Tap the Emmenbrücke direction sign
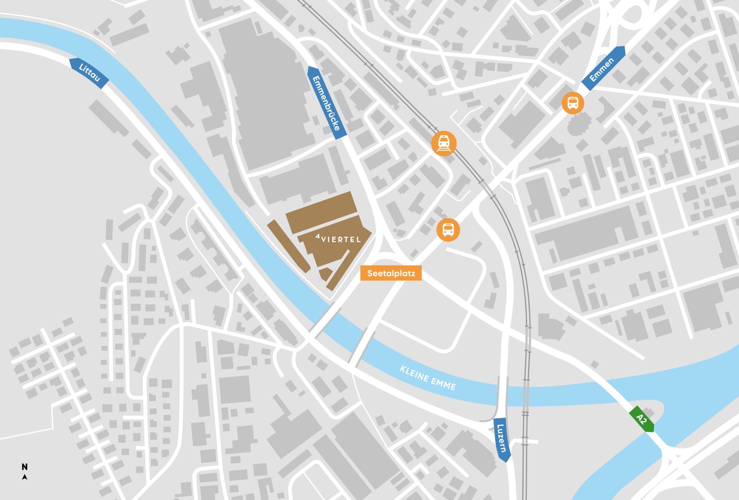pyautogui.click(x=327, y=102)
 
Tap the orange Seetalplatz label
pyautogui.click(x=391, y=273)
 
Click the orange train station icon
pyautogui.click(x=444, y=143)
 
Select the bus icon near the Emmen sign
pyautogui.click(x=573, y=103)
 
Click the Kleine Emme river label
pyautogui.click(x=428, y=378)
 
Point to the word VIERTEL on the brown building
pyautogui.click(x=341, y=239)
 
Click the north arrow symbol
pyautogui.click(x=25, y=477)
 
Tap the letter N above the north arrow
pyautogui.click(x=25, y=467)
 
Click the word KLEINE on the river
pyautogui.click(x=413, y=373)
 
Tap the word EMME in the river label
pyautogui.click(x=444, y=384)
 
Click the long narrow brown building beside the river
pyautogui.click(x=288, y=246)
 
